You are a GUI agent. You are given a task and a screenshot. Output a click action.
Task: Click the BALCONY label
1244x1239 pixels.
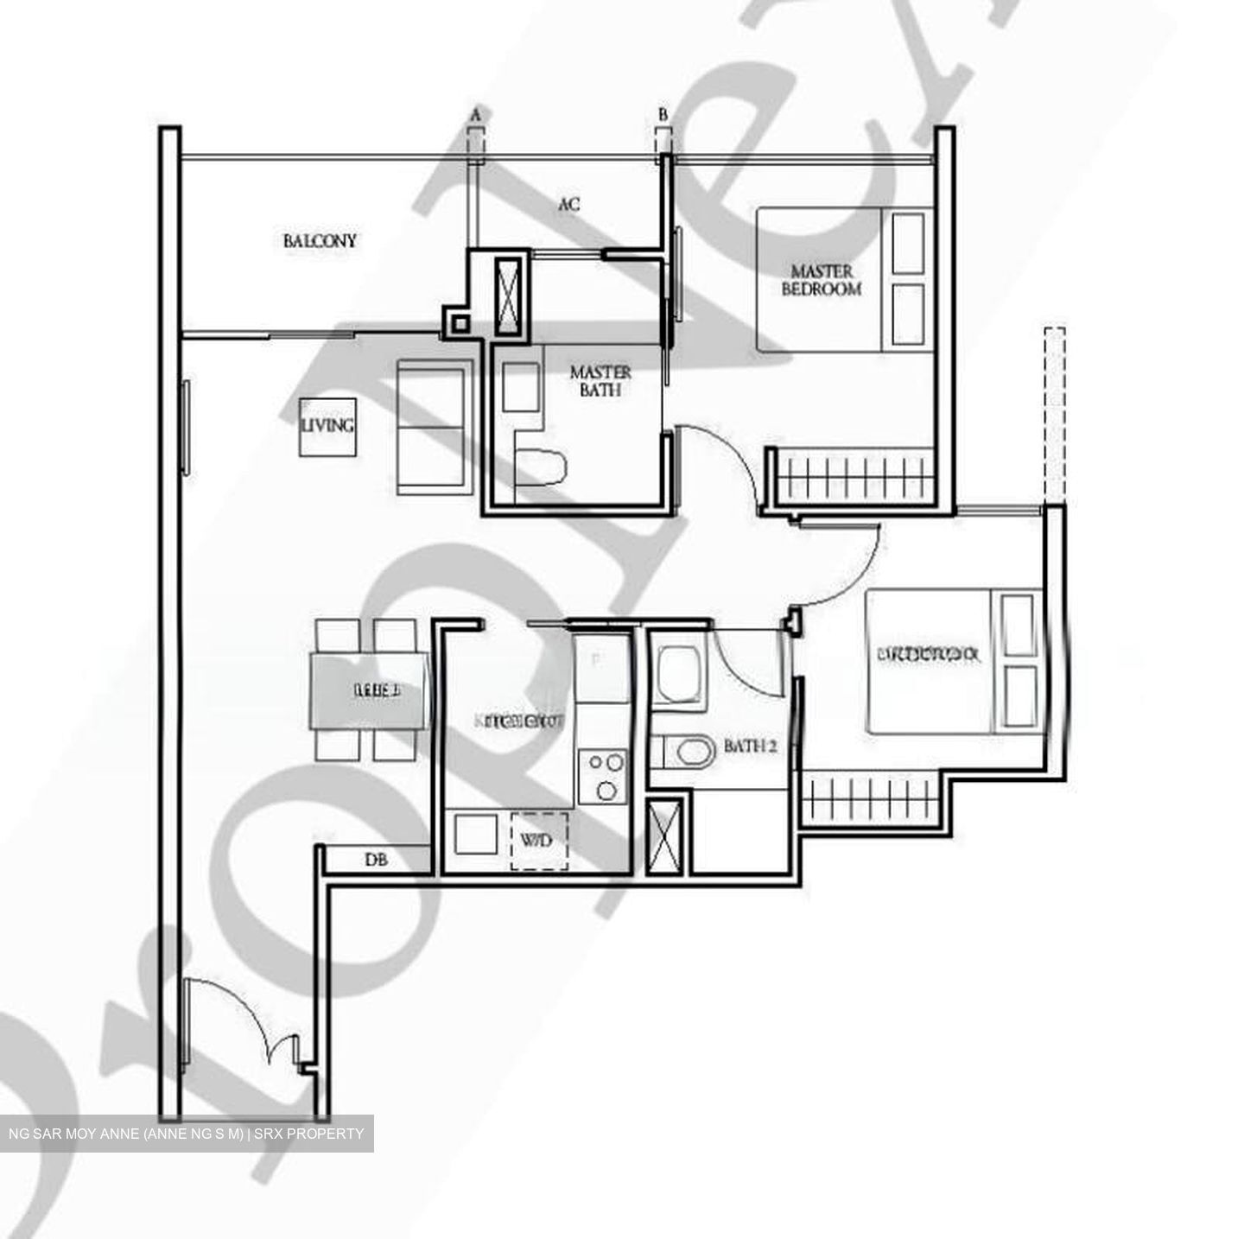click(x=320, y=240)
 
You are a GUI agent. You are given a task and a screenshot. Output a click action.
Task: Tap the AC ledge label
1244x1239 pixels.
click(x=568, y=205)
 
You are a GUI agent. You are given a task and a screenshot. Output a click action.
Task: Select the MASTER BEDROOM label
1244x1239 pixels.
click(x=822, y=281)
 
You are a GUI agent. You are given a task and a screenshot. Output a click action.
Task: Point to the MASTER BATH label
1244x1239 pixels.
click(x=600, y=380)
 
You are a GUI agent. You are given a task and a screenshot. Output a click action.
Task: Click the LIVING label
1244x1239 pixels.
click(x=327, y=425)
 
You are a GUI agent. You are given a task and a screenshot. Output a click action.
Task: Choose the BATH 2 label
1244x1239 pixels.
click(x=750, y=746)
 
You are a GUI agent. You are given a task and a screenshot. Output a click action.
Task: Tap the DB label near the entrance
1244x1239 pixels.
click(x=375, y=860)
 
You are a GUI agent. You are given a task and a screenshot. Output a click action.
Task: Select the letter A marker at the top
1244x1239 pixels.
click(x=475, y=114)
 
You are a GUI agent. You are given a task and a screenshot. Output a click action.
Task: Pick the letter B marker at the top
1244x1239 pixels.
click(x=663, y=114)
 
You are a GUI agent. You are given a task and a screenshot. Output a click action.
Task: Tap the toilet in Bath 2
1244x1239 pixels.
click(x=688, y=751)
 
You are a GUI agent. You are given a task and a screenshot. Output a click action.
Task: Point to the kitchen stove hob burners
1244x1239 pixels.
click(x=603, y=775)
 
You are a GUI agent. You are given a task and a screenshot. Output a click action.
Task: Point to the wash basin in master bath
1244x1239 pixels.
click(x=520, y=386)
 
